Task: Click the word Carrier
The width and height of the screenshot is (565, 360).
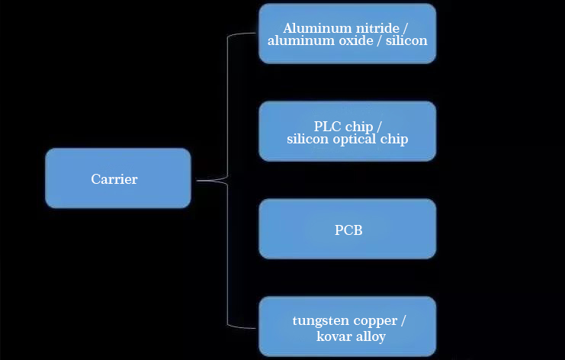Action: (x=114, y=179)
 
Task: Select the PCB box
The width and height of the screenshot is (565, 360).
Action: (x=348, y=229)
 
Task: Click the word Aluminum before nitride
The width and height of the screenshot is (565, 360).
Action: (x=313, y=28)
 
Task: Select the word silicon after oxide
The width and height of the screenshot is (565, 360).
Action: (x=406, y=40)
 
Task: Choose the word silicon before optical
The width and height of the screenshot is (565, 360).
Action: (x=307, y=139)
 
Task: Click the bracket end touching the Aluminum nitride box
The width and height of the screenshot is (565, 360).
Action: (x=256, y=34)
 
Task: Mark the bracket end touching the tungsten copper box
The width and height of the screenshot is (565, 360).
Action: (x=256, y=327)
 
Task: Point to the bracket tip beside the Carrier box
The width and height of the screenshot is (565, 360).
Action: (x=197, y=181)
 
